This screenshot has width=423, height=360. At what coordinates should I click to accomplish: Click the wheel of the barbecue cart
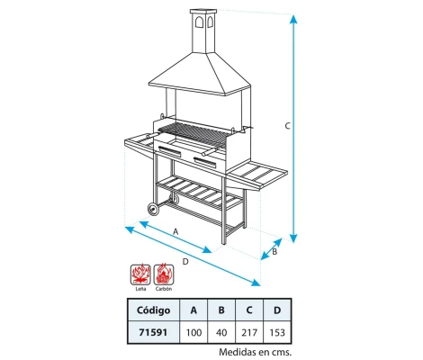click(x=153, y=210)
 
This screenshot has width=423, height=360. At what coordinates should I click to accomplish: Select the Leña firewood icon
click(x=139, y=274)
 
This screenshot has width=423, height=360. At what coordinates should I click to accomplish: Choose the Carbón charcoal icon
click(x=164, y=274)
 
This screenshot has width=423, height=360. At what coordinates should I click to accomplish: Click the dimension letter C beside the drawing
click(x=287, y=127)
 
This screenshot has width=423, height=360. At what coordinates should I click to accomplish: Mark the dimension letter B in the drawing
click(x=275, y=253)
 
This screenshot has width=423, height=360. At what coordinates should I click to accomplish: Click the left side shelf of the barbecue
click(x=137, y=142)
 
